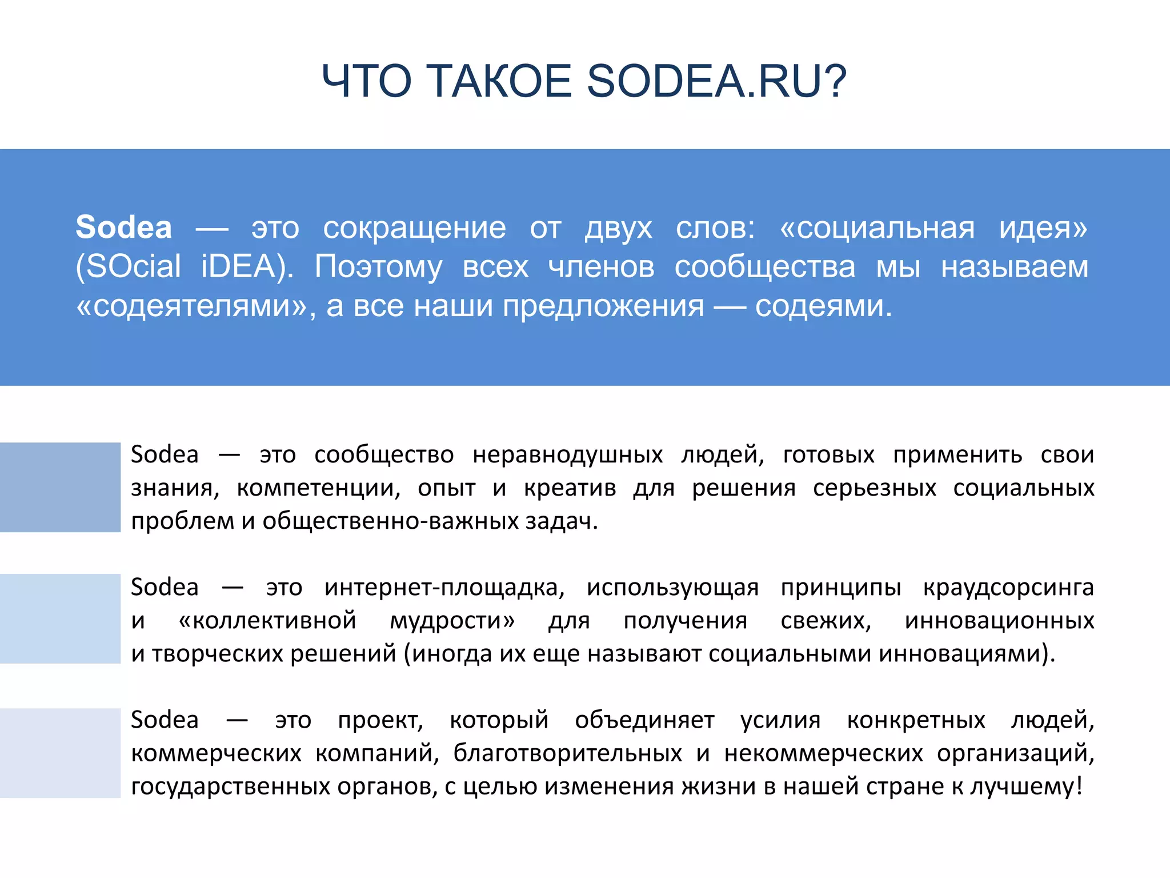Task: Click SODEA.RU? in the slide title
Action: [716, 81]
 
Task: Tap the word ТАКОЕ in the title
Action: [499, 81]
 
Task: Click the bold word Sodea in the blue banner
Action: [124, 228]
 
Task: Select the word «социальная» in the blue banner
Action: [877, 228]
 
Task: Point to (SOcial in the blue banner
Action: [129, 267]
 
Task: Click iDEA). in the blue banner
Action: [247, 267]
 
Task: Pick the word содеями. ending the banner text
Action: [823, 306]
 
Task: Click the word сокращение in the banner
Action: [414, 228]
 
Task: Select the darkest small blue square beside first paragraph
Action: [60, 487]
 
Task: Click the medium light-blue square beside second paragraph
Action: [60, 618]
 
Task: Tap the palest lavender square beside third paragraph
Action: [60, 753]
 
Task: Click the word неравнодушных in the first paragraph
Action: [568, 455]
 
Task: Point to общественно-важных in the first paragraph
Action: [390, 521]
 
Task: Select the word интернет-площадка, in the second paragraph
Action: [444, 588]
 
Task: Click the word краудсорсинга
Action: [1008, 588]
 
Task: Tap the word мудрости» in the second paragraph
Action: [452, 621]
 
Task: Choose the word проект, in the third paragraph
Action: [380, 720]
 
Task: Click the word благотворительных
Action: [568, 753]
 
